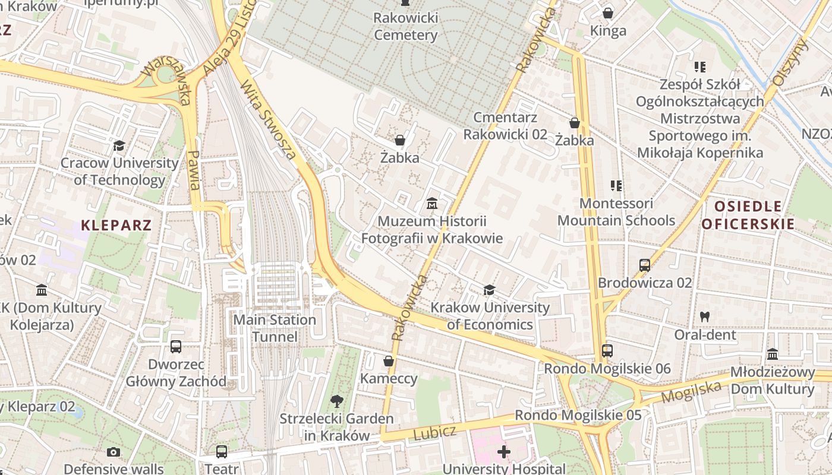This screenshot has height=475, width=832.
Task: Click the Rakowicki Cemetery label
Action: point(406,26)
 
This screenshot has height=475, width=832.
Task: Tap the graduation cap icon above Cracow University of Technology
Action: point(119,145)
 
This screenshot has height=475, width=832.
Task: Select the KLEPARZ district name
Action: point(116,226)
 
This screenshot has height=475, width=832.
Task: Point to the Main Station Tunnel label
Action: point(275,328)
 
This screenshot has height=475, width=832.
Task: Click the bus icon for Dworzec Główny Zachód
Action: point(176,347)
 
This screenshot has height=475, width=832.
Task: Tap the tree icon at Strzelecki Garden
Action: point(337,401)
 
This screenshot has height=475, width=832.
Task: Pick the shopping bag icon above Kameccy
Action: point(389,361)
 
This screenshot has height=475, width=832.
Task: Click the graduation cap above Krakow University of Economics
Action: point(490,290)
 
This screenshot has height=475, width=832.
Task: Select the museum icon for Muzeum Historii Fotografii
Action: point(432,205)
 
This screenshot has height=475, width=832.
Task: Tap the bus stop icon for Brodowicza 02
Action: point(645,265)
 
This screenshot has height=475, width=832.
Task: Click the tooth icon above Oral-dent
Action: point(705,317)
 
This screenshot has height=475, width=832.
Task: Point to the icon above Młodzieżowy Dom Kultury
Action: point(773,354)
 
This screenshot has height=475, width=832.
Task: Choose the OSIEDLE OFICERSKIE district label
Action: point(748,215)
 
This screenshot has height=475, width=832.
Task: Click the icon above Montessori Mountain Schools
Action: point(616,186)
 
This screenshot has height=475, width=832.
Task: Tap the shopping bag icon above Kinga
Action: point(608,13)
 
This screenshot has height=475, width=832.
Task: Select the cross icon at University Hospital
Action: point(504,452)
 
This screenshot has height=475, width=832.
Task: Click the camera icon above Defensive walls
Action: point(114,452)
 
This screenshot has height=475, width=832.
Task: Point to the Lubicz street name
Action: point(434,433)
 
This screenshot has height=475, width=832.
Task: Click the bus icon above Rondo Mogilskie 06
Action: point(607,351)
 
